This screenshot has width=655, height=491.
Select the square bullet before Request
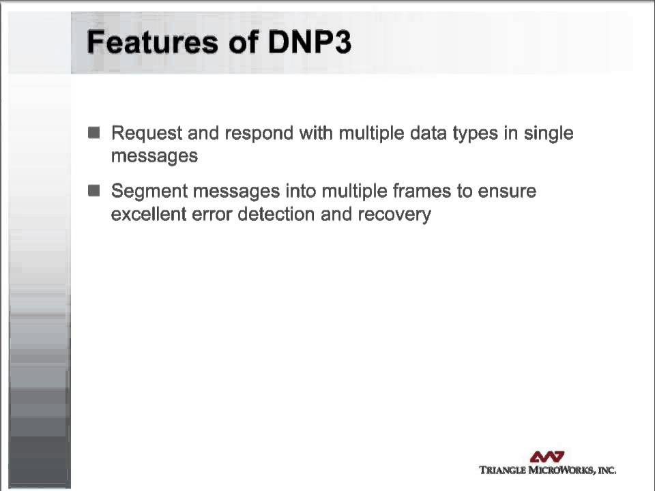94,132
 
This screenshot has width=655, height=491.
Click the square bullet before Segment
94,191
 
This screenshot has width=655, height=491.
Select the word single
549,133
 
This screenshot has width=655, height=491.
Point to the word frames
423,191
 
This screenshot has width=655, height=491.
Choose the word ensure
507,191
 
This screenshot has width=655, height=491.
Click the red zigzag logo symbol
547,456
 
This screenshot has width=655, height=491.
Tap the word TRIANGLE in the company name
504,470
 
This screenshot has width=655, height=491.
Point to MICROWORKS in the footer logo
562,470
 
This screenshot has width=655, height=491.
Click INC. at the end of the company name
607,470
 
